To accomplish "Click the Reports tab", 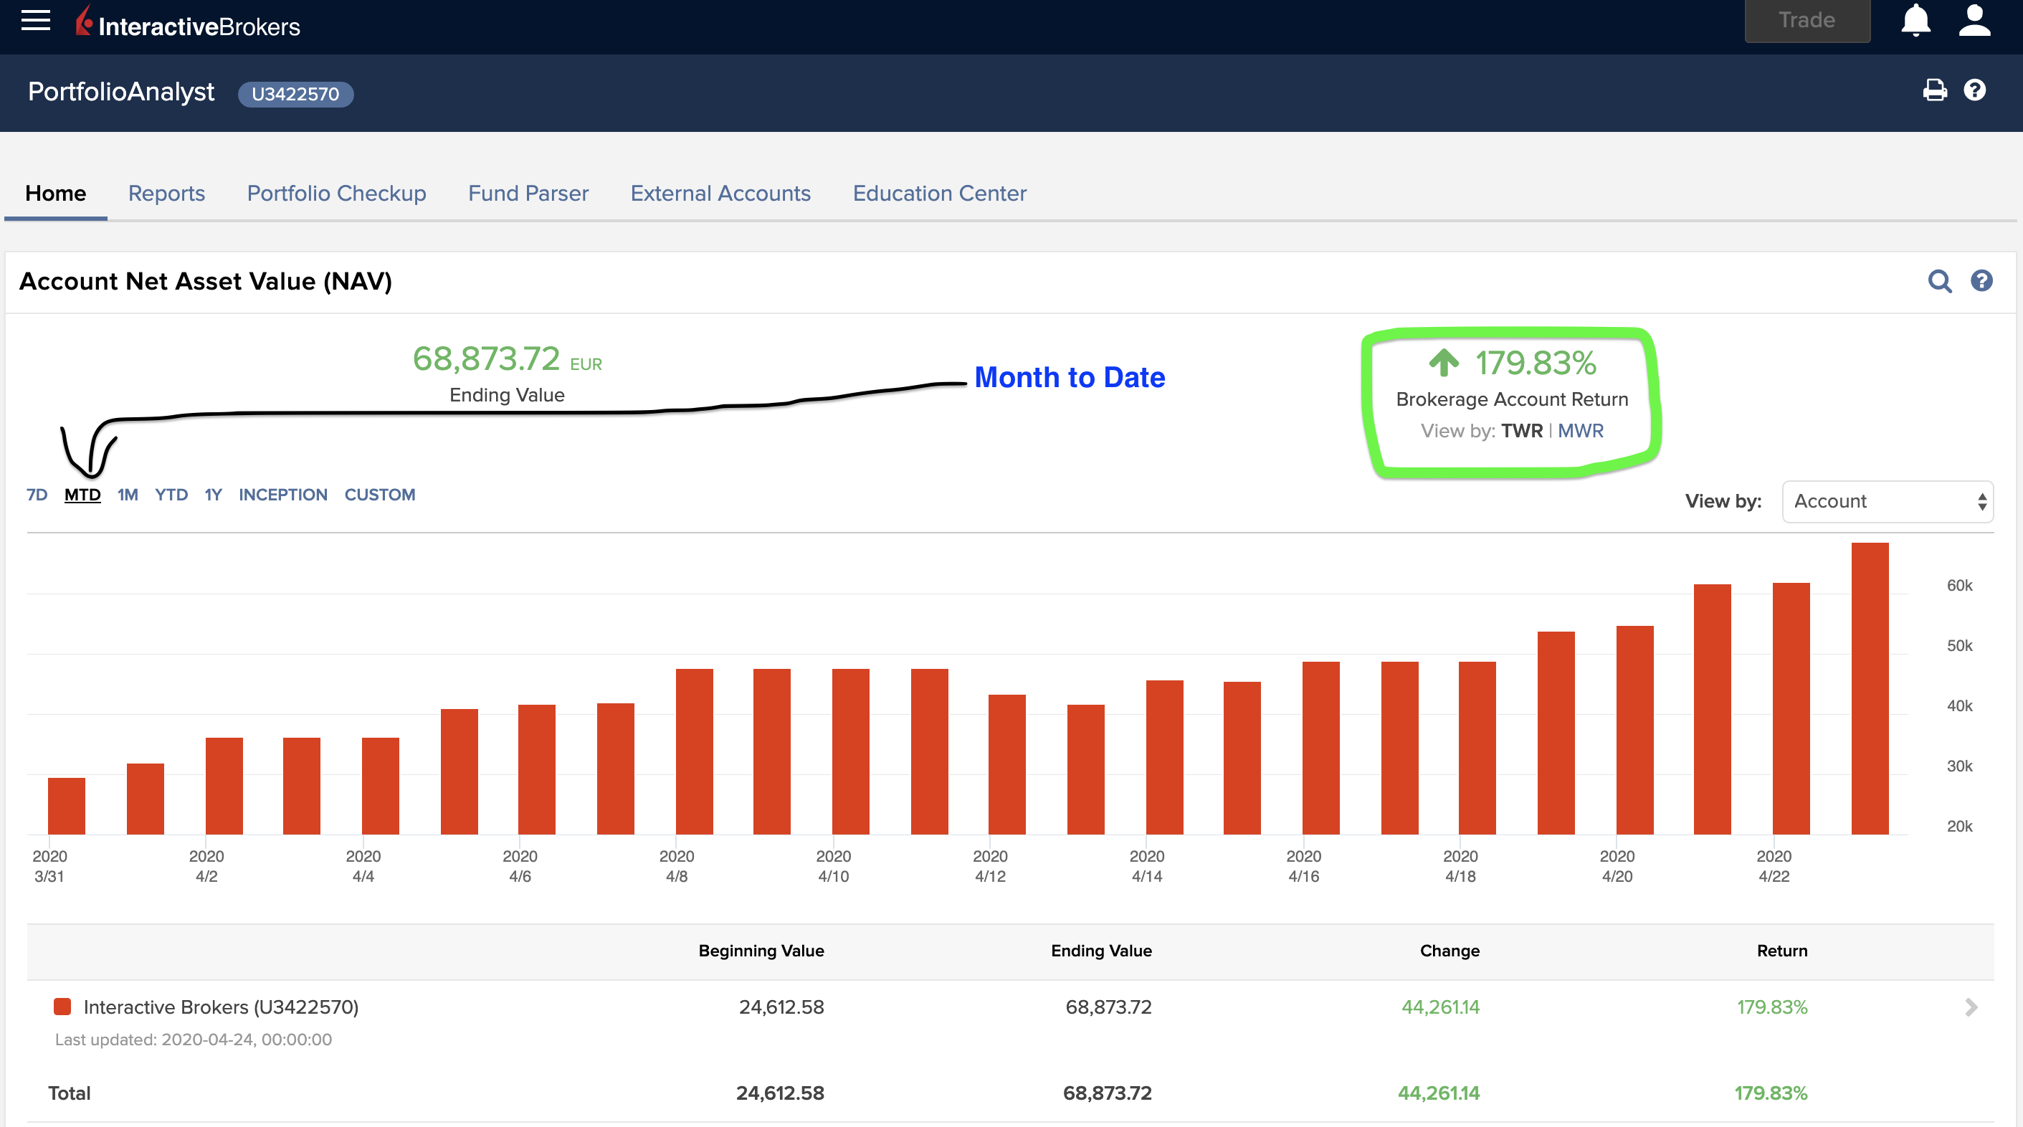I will point(166,193).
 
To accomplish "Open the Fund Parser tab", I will point(528,193).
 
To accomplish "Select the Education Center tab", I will point(939,193).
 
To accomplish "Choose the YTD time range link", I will point(171,495).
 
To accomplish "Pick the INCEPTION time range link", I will point(282,495).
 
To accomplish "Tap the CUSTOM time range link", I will point(379,495).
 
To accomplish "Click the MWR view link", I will point(1580,430).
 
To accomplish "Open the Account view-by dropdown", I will point(1887,501).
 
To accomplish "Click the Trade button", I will point(1807,20).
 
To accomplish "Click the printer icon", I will point(1934,90).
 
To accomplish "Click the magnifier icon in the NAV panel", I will point(1939,281).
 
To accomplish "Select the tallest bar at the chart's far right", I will point(1869,688).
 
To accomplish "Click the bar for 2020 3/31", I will point(67,806).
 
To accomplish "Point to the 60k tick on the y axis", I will point(1958,585).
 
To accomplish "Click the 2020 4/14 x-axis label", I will point(1146,865).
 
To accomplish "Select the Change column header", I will point(1449,951).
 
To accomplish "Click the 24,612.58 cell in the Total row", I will point(779,1093).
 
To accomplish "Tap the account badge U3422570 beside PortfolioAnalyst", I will point(295,94).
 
